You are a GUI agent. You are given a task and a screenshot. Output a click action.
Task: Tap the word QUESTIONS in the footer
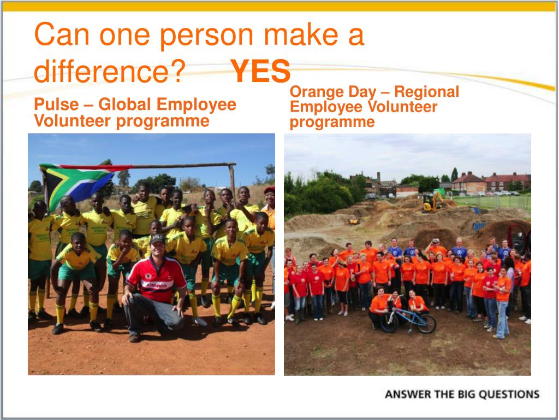(509, 394)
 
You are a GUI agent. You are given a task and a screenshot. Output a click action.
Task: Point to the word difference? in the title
(109, 71)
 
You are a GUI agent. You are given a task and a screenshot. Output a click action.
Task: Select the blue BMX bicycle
(408, 317)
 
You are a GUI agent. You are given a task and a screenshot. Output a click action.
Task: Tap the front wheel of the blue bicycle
(426, 324)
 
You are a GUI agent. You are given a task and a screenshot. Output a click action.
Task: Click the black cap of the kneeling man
(157, 238)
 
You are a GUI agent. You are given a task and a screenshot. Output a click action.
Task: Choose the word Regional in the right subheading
(426, 92)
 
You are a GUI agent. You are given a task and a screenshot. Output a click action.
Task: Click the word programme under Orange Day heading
(332, 122)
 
